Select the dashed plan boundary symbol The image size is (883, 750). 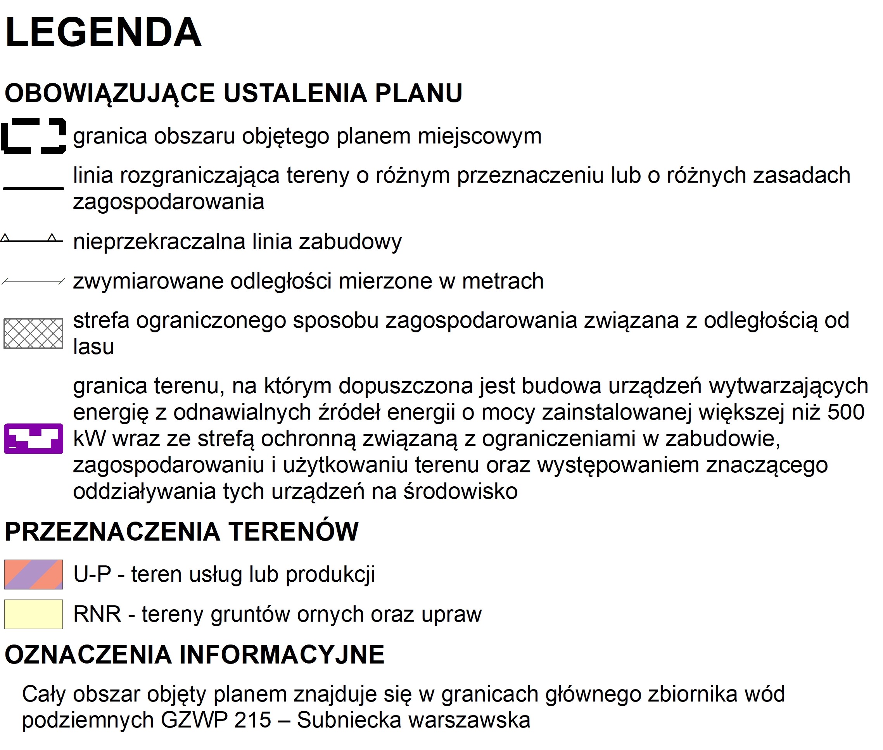click(33, 136)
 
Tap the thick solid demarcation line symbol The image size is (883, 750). click(33, 188)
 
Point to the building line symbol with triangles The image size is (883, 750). click(32, 239)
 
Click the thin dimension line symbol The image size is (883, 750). click(33, 281)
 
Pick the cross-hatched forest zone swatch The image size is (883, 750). click(33, 334)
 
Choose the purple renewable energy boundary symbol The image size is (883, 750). click(34, 438)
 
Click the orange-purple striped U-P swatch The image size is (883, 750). click(34, 574)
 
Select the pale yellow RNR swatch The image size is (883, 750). click(34, 614)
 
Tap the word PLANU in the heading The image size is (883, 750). click(418, 93)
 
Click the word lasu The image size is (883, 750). click(93, 347)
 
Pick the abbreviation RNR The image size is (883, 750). click(97, 614)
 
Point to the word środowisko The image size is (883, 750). click(460, 491)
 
